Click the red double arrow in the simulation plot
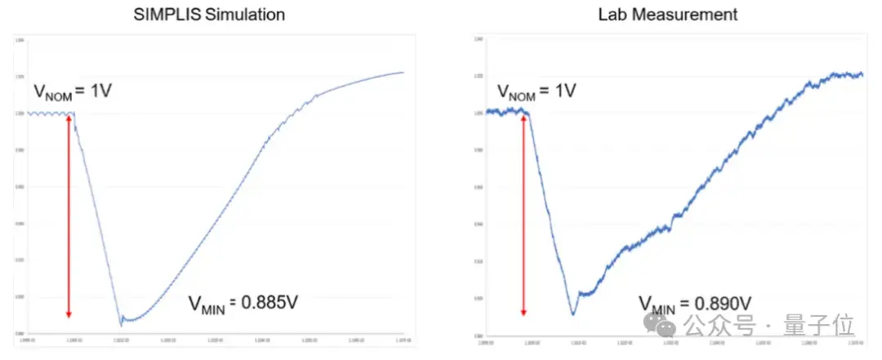click(x=69, y=216)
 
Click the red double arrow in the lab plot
click(x=523, y=216)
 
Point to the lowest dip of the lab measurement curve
click(x=573, y=314)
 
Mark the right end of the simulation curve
click(x=403, y=73)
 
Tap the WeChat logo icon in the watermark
click(x=666, y=327)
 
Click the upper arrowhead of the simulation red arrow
click(x=69, y=117)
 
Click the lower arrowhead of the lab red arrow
click(x=523, y=312)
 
